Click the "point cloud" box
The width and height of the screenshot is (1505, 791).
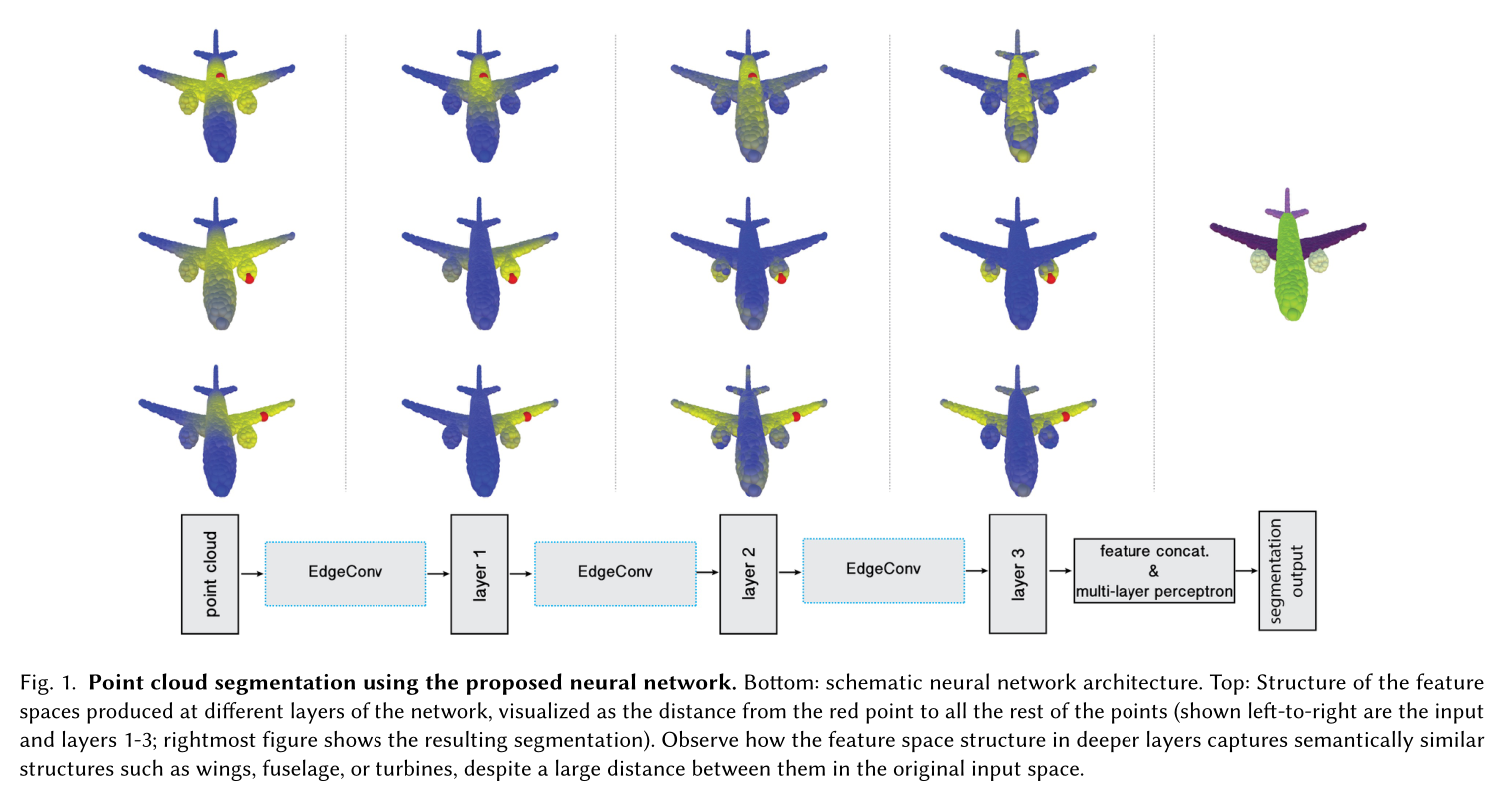[x=210, y=574]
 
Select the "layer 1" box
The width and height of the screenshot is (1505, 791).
[x=479, y=574]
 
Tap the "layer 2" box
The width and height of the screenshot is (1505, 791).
[x=749, y=574]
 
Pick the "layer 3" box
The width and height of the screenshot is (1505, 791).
[x=1018, y=574]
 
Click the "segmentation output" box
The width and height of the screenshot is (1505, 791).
[x=1287, y=571]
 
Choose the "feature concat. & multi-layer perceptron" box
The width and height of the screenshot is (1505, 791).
[x=1154, y=571]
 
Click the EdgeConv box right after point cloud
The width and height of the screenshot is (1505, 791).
[x=346, y=573]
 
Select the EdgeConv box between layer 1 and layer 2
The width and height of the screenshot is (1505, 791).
[x=615, y=573]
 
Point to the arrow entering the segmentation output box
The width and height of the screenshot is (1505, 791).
[x=1247, y=572]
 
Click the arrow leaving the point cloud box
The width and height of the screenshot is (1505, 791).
[x=252, y=574]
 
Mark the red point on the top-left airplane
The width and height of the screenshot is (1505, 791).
[x=220, y=75]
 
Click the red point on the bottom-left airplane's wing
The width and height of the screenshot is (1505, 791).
[x=265, y=416]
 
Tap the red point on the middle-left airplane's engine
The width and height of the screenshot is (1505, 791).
[x=249, y=280]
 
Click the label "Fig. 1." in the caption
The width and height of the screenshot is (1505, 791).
[x=47, y=684]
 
